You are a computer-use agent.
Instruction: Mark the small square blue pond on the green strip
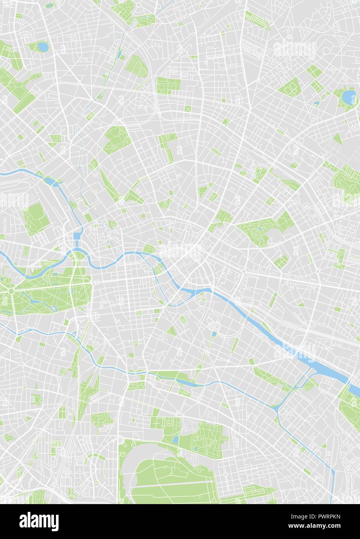(x=214, y=333)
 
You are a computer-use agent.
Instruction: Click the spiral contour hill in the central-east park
(x=256, y=233)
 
